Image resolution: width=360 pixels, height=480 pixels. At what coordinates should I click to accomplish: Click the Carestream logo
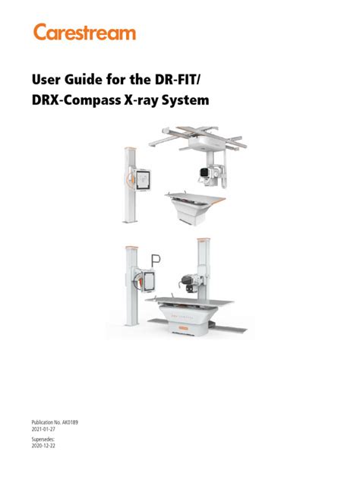84,33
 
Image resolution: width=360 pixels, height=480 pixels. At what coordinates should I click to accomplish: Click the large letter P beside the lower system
156,261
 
